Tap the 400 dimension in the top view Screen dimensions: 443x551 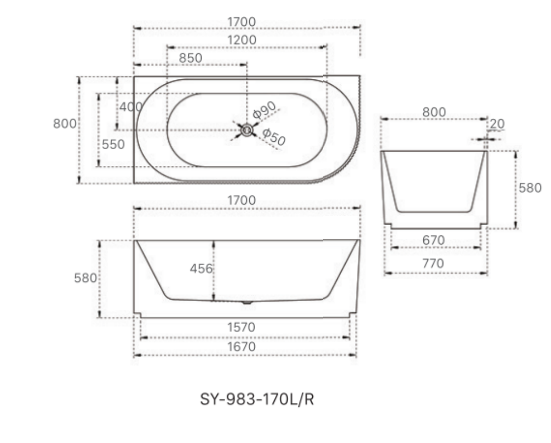[x=130, y=107]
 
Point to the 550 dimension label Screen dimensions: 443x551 [x=113, y=145]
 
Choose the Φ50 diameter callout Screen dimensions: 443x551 [x=274, y=137]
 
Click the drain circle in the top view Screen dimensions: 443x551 [x=247, y=130]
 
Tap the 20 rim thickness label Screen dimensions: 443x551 [x=497, y=124]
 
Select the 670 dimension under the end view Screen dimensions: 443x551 [x=433, y=240]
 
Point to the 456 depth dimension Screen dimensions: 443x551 [x=201, y=269]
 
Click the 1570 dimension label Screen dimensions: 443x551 [x=242, y=327]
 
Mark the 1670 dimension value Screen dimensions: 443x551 [x=242, y=347]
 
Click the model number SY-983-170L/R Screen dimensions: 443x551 [x=257, y=400]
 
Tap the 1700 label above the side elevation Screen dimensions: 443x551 [x=242, y=201]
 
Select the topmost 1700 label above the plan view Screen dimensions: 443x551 [x=242, y=22]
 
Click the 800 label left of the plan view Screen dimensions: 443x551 [x=64, y=124]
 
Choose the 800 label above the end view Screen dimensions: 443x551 [x=433, y=112]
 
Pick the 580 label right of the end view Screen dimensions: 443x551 [x=530, y=188]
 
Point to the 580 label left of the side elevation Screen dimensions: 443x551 [x=85, y=278]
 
